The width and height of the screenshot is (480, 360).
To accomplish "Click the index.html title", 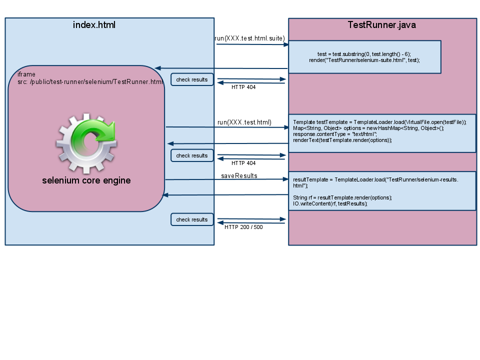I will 94,24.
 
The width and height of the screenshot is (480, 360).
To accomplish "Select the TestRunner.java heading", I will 381,25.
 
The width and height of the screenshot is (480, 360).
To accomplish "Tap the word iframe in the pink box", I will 26,74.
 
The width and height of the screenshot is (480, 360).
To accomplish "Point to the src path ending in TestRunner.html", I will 90,82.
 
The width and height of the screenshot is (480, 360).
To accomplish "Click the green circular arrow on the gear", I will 92,137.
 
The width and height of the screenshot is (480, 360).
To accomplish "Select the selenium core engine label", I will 86,180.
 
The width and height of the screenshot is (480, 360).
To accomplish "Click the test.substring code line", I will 364,53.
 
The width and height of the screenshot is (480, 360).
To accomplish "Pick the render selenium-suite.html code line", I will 364,59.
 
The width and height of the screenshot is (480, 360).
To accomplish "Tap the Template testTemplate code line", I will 379,122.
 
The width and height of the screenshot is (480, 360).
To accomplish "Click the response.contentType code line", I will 334,134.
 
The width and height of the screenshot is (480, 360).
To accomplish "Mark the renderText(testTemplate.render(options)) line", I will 342,140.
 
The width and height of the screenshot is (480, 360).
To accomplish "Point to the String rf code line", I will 342,197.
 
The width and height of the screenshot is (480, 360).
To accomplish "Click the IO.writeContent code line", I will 330,203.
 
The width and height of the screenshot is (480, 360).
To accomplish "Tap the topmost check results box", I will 192,79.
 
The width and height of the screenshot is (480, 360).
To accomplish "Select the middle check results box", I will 192,155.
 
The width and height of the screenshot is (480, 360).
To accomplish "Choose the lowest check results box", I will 192,219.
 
